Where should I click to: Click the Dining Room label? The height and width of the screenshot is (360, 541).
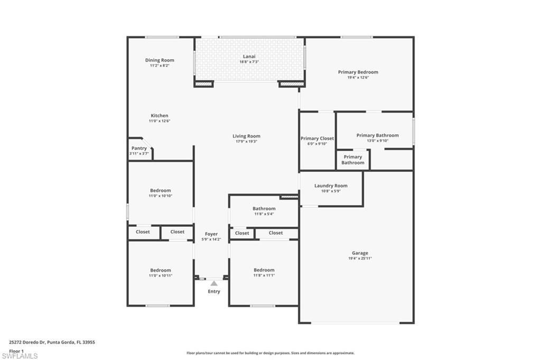160,60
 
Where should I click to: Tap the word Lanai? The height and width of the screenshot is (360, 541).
249,56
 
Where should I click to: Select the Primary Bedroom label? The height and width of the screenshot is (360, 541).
358,72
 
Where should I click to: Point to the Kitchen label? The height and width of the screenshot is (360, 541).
160,116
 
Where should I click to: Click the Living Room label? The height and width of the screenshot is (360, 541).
246,136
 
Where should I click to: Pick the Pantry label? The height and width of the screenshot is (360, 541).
139,149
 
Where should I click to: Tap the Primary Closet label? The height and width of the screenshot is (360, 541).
318,139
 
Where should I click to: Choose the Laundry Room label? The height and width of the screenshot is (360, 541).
331,186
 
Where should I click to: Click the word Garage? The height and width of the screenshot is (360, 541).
360,253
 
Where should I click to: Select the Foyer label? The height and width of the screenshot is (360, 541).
211,234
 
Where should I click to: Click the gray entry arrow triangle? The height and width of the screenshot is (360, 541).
214,284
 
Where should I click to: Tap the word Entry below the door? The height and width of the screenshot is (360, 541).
214,292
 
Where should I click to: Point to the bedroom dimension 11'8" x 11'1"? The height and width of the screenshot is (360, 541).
264,275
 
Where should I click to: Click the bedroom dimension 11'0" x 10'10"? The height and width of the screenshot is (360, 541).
160,196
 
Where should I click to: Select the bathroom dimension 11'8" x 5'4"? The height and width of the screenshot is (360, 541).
264,214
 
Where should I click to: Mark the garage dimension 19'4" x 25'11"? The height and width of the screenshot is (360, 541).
360,259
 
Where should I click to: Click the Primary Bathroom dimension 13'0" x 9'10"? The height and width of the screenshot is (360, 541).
377,141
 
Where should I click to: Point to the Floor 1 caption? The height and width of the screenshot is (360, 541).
16,350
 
